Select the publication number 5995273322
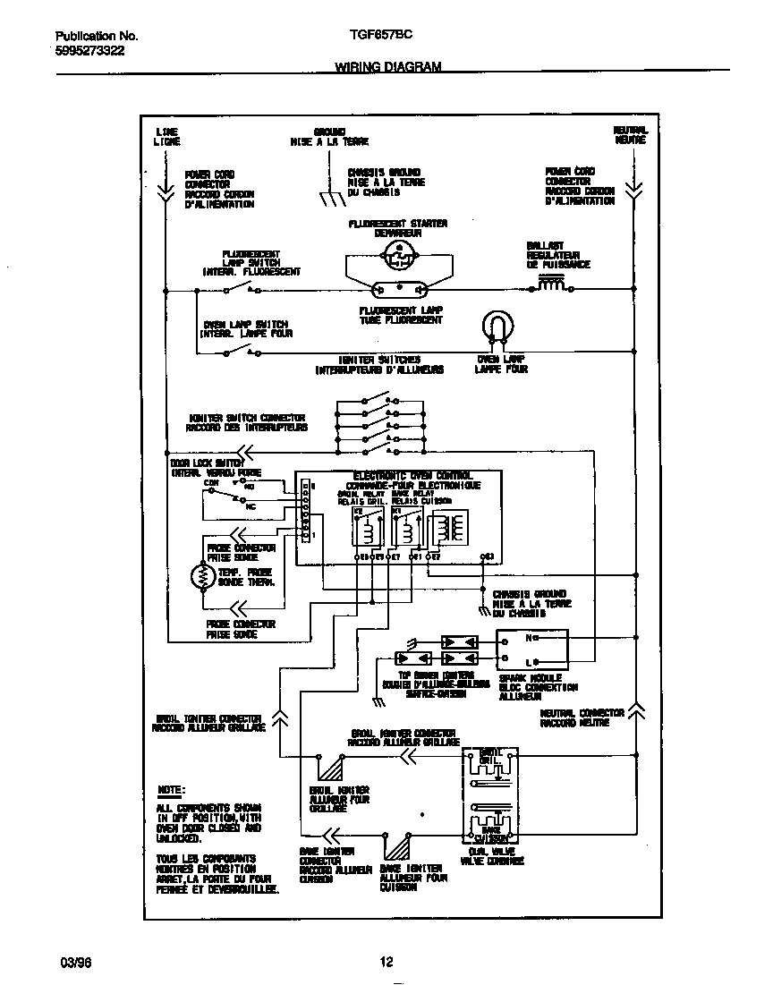click(90, 51)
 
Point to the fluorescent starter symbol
click(396, 256)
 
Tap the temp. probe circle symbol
click(200, 577)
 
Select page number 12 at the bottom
click(386, 963)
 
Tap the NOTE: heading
click(171, 790)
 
